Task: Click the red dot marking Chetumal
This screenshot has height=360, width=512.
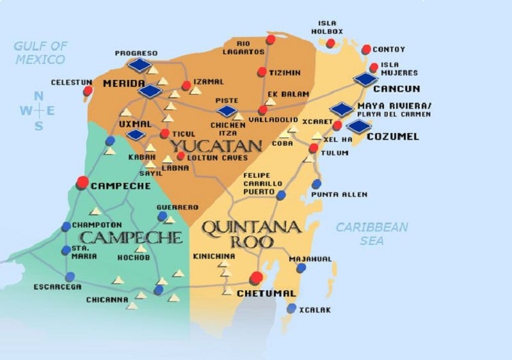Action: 257,278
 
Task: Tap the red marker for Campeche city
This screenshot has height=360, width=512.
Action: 83,182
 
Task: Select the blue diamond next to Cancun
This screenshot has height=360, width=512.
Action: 366,79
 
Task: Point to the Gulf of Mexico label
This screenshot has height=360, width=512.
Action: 40,52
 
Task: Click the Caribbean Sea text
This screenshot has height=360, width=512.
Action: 372,233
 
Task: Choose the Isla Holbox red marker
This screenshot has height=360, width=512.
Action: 330,43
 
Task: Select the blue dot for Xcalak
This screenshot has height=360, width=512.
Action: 292,308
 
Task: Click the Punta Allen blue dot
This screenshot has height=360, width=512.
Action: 316,184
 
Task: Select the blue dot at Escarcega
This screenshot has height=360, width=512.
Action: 70,277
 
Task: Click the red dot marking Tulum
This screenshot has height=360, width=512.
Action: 313,148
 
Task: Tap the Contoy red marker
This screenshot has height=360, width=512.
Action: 366,49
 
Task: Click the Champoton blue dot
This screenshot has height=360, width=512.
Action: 66,226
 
